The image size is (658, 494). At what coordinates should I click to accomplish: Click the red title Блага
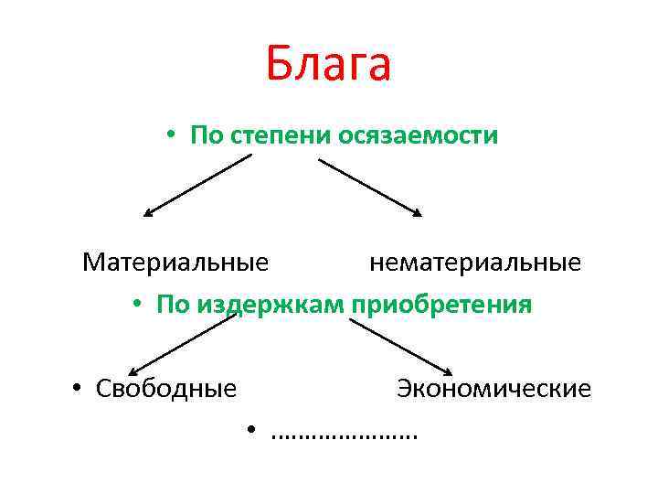(x=329, y=64)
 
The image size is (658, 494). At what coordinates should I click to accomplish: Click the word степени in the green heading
(x=280, y=136)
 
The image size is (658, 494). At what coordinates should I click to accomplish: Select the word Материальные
(x=175, y=263)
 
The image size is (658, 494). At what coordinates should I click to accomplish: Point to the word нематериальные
(x=475, y=263)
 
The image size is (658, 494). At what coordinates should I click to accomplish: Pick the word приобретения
(x=440, y=303)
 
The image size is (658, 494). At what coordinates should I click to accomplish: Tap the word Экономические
(x=493, y=389)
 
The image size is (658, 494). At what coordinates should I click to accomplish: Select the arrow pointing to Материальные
(x=196, y=185)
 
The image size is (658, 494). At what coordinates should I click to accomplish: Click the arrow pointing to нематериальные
(x=370, y=187)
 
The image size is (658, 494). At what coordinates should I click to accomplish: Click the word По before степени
(x=205, y=136)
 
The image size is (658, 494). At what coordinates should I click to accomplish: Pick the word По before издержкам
(x=171, y=304)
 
